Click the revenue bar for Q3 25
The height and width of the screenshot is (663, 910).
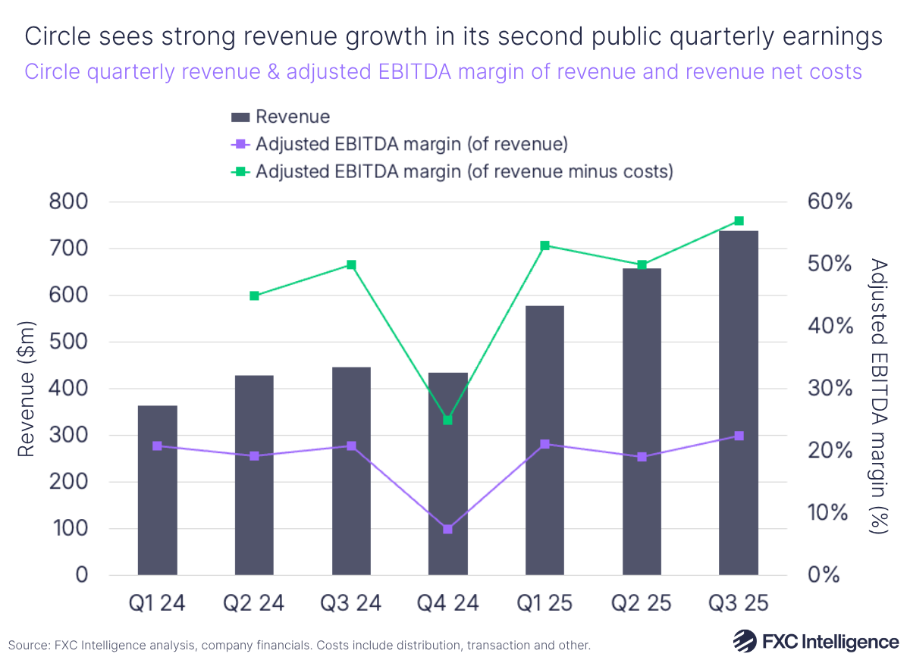click(x=739, y=402)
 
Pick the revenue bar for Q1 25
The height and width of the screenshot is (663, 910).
click(x=544, y=439)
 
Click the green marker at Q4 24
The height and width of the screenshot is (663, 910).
click(x=447, y=420)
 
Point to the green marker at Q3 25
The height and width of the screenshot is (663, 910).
click(x=739, y=221)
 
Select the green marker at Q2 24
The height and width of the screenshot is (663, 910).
click(x=254, y=296)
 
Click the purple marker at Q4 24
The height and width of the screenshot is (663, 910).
click(x=447, y=529)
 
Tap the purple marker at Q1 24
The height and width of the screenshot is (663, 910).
click(x=157, y=446)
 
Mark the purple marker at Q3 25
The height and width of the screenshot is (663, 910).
click(x=739, y=436)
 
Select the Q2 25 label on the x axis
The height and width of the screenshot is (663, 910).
click(x=642, y=604)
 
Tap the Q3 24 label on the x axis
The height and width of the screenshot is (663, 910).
click(x=351, y=604)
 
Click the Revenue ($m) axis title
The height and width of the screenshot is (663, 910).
click(x=26, y=388)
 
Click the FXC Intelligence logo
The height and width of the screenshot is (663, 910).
click(x=815, y=641)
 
